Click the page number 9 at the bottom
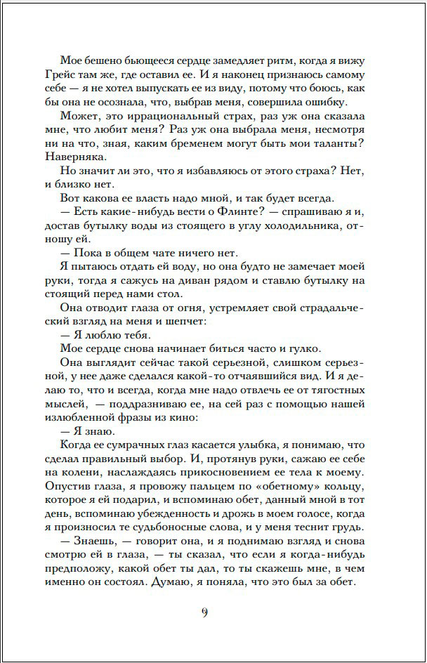click(x=204, y=613)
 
